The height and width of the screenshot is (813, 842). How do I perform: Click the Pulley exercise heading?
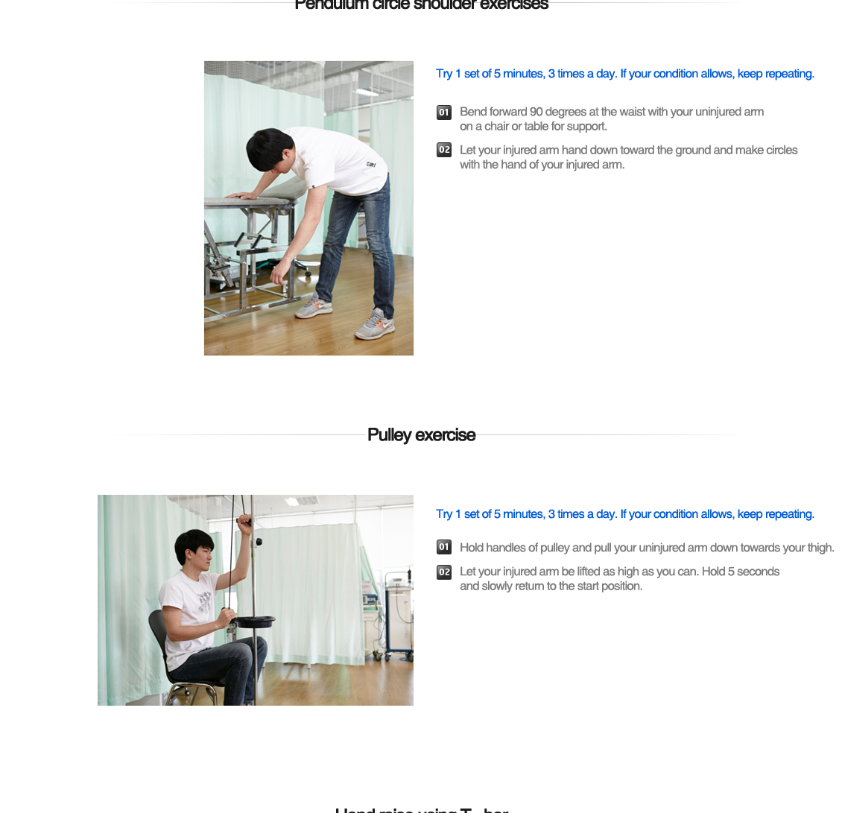pos(421,434)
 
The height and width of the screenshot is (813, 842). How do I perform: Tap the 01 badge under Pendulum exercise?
pos(444,113)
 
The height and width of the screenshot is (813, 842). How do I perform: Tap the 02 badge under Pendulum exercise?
pos(444,150)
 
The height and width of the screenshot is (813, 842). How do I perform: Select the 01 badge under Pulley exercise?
pos(444,547)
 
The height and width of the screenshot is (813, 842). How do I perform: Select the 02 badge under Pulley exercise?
pos(444,572)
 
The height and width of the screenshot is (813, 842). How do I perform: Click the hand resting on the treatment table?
pos(238,196)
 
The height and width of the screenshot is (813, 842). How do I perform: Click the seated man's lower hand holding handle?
pos(226,616)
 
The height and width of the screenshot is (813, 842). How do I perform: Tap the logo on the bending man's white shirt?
pos(370,165)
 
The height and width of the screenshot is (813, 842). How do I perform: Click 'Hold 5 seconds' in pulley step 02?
pos(741,572)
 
